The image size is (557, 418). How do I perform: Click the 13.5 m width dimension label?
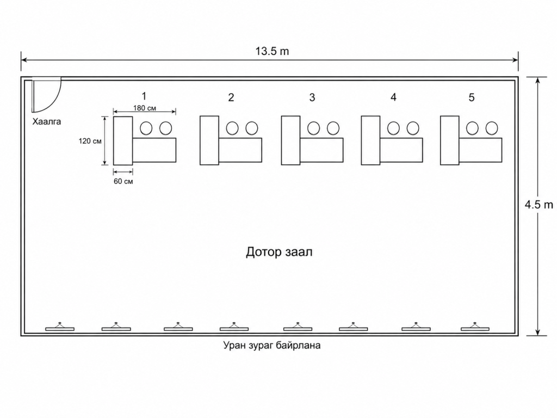(272, 51)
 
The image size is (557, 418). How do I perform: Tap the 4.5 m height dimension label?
(539, 205)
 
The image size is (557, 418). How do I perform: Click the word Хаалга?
(47, 121)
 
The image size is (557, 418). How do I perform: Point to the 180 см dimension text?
(145, 108)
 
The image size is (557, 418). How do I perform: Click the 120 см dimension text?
(90, 141)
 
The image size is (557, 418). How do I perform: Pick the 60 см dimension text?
(123, 181)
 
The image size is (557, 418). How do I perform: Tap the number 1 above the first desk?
(144, 96)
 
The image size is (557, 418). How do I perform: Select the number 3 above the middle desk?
(312, 97)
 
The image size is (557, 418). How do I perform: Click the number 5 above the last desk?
(472, 97)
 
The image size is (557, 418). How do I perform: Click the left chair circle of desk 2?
(232, 128)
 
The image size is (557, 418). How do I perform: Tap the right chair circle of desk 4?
(413, 128)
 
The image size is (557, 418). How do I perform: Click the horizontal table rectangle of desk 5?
(480, 150)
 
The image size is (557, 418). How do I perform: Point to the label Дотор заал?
(279, 252)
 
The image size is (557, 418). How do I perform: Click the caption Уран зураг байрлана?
(272, 345)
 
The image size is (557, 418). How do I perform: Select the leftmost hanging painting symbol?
(60, 327)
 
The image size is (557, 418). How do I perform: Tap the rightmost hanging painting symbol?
(475, 327)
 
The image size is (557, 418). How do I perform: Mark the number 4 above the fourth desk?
(393, 97)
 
